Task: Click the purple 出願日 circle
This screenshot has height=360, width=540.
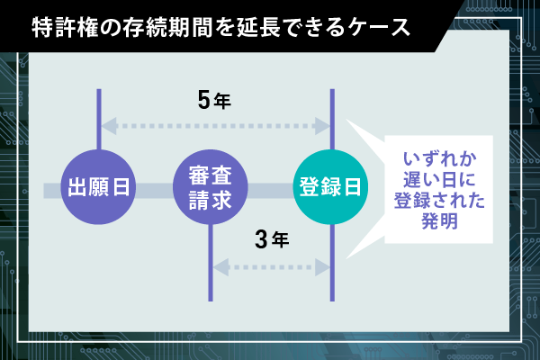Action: [x=98, y=187]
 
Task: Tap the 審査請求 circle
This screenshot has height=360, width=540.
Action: [x=210, y=187]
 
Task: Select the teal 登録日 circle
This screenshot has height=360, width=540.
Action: [x=330, y=187]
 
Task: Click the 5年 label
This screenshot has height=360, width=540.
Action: [x=214, y=101]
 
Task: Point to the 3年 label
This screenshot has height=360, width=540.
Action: [x=272, y=239]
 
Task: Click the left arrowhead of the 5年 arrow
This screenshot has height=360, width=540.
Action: [x=109, y=126]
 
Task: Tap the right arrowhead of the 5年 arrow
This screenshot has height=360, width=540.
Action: [x=323, y=126]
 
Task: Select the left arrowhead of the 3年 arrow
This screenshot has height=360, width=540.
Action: [x=221, y=267]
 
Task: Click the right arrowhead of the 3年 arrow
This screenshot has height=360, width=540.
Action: [x=323, y=267]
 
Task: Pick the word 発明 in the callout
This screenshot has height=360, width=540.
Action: [x=439, y=220]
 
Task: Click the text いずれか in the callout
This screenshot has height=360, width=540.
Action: [x=440, y=159]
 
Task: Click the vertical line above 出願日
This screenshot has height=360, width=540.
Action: [x=99, y=120]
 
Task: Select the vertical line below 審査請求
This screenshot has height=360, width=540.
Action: [x=211, y=263]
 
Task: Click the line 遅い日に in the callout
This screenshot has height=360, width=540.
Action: [x=439, y=179]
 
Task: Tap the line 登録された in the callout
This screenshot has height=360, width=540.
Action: [x=439, y=200]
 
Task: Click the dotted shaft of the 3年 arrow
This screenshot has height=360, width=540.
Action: [x=272, y=267]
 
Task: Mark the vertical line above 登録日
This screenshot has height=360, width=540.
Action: [x=332, y=120]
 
